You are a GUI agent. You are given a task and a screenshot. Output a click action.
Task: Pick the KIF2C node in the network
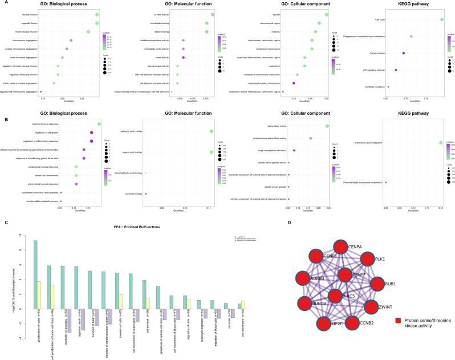pos(311,327)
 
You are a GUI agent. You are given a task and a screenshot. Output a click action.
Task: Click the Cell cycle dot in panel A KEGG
pos(442,20)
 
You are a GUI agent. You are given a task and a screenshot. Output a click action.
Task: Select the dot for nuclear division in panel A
pos(97,15)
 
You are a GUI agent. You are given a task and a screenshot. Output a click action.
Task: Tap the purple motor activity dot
pos(183,58)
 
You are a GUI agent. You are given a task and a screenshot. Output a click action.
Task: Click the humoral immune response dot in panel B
pos(99,124)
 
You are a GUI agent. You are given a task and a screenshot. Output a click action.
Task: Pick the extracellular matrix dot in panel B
pos(327,126)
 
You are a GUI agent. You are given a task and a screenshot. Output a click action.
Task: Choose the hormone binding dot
pos(146,194)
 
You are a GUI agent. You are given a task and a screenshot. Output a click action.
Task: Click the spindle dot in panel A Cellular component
pos(326,15)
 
